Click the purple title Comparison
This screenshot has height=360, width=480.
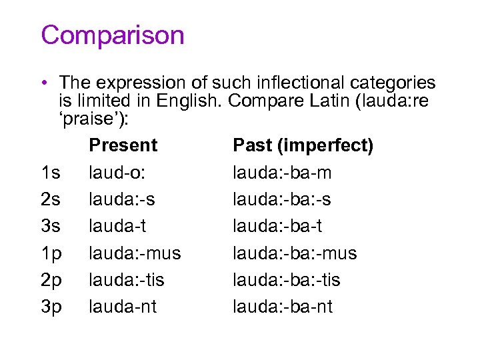(112, 35)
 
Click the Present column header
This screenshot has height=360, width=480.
(123, 145)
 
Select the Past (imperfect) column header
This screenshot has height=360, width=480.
(303, 145)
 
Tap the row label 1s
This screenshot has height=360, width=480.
(51, 173)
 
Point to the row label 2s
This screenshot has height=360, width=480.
(51, 199)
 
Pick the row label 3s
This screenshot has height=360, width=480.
(51, 227)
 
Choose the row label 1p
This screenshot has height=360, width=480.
(51, 253)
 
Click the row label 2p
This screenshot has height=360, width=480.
(51, 280)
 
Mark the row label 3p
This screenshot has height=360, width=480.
(51, 307)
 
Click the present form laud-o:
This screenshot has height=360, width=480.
(117, 173)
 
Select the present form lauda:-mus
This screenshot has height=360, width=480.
(135, 253)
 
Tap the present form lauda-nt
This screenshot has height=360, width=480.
(123, 307)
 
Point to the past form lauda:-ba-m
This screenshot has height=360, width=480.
(282, 173)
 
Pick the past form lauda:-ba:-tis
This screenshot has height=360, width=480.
(286, 280)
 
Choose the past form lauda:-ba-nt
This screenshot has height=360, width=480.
(283, 307)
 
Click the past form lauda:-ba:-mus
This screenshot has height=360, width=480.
(295, 253)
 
